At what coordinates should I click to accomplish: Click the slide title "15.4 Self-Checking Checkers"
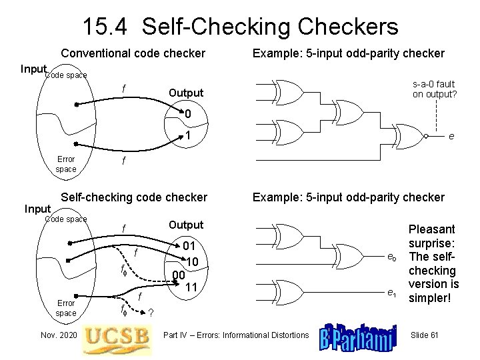[x=240, y=26]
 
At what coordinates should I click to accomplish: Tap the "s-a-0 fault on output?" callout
[x=434, y=89]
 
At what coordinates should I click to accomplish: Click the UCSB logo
[x=115, y=335]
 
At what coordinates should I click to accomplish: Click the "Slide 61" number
[x=424, y=334]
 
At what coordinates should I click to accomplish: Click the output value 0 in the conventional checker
[x=189, y=115]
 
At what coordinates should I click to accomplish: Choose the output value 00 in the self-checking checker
[x=177, y=275]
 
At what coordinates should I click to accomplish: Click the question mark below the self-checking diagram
[x=151, y=313]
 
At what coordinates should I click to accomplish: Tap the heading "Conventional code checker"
[x=133, y=53]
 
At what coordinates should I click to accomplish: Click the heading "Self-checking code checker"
[x=134, y=197]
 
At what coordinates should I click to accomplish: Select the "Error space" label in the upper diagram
[x=66, y=164]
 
